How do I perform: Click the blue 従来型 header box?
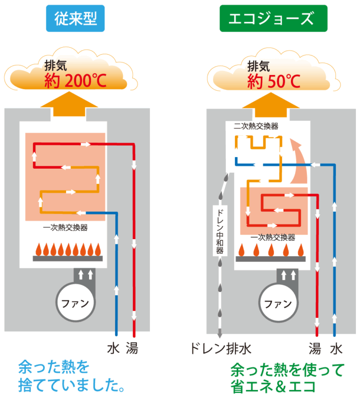click(74, 19)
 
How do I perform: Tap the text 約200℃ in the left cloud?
click(75, 80)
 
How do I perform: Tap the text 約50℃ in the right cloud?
click(273, 80)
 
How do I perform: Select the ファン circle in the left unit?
click(75, 303)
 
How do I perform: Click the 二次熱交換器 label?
click(256, 125)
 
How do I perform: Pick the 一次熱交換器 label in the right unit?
click(272, 237)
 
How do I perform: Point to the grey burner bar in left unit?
click(67, 258)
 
